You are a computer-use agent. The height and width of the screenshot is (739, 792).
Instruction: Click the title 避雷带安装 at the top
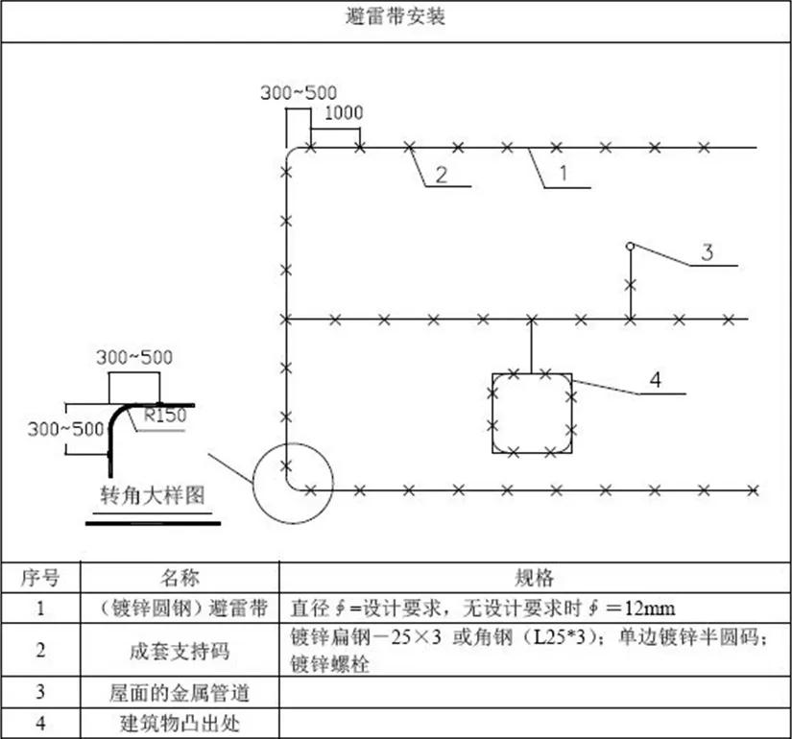tap(396, 16)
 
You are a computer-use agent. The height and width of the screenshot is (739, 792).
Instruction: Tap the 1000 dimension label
tap(344, 112)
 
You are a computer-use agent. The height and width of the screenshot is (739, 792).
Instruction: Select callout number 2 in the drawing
tap(442, 175)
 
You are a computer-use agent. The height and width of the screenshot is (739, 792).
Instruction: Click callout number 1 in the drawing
tap(564, 174)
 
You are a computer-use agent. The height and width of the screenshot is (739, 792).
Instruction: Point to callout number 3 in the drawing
tap(708, 251)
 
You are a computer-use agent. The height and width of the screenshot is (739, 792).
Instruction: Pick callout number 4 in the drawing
tap(655, 379)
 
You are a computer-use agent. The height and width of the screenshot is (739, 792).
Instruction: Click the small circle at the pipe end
tap(630, 246)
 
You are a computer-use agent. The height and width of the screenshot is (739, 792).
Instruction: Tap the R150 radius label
tap(166, 416)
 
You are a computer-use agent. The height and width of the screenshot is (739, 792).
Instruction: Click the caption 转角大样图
tap(152, 495)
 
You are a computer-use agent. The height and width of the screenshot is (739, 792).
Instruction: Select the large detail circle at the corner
tap(252, 484)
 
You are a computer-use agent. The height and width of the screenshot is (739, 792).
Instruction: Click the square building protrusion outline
tap(492, 414)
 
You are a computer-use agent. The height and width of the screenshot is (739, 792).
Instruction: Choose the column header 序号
tap(40, 578)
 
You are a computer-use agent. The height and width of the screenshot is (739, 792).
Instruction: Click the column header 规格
tap(534, 578)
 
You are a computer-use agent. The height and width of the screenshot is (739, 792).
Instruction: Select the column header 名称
tap(180, 578)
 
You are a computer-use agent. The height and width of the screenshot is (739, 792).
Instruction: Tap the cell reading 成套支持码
tap(180, 651)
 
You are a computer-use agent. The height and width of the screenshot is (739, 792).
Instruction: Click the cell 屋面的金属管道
tap(180, 693)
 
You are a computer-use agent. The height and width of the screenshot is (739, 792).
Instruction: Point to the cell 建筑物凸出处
tap(180, 724)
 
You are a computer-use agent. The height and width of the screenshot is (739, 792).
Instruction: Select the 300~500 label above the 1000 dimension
tap(299, 92)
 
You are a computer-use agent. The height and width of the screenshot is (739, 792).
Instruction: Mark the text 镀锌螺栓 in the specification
tap(330, 664)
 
